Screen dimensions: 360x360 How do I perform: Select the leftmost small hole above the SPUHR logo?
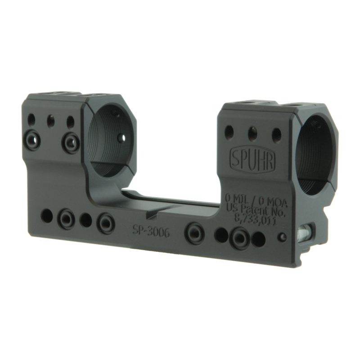[230, 130]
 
